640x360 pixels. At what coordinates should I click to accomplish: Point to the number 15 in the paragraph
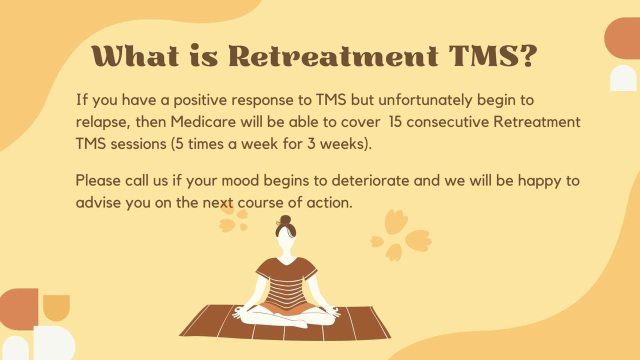tap(395, 122)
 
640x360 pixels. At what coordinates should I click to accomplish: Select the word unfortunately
tap(425, 100)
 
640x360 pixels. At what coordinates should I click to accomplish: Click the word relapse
tap(102, 122)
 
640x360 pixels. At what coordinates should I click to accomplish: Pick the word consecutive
tap(448, 122)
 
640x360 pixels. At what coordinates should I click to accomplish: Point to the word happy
tap(539, 180)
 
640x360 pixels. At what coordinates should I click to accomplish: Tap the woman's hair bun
tap(285, 220)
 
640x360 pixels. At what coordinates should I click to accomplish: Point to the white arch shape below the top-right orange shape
tap(623, 78)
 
